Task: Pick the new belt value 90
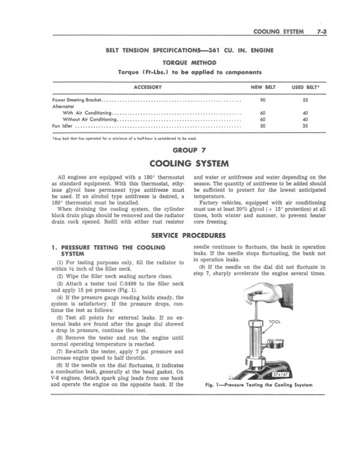[x=262, y=100]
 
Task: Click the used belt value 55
[x=305, y=100]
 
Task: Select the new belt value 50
[x=262, y=125]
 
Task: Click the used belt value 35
[x=305, y=125]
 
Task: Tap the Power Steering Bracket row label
[x=77, y=100]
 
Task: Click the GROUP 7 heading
[x=180, y=150]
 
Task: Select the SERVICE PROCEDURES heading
[x=180, y=235]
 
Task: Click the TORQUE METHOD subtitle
[x=180, y=62]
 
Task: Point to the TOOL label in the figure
[x=275, y=322]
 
